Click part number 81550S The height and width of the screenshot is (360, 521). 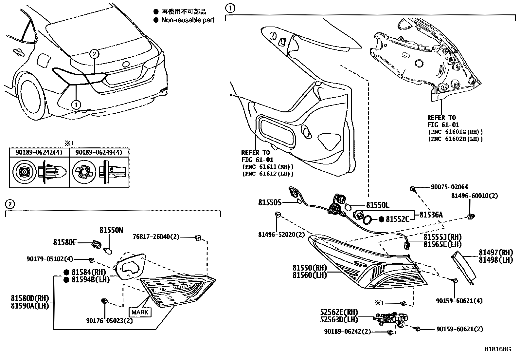(270, 203)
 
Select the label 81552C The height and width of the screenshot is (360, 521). (398, 219)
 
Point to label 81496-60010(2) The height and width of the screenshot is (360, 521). (475, 196)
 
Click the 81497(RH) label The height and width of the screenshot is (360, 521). (496, 253)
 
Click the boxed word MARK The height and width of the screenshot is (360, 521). (140, 312)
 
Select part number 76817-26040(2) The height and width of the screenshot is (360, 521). (156, 237)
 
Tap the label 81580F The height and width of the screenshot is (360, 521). (65, 242)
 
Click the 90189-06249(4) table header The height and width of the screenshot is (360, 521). (99, 152)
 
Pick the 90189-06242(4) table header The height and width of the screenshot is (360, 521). (39, 152)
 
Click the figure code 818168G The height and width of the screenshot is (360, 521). (498, 349)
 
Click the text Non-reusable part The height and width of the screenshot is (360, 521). (188, 20)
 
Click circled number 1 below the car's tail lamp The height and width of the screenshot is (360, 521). (76, 104)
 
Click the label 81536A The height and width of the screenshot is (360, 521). (431, 215)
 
